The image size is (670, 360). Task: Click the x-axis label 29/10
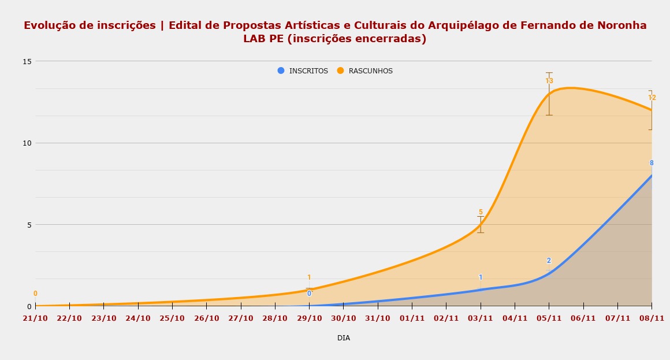(x=309, y=318)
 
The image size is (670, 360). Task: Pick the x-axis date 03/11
(x=481, y=318)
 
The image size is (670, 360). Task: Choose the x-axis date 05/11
(x=549, y=318)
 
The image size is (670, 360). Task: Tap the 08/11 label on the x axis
(x=652, y=318)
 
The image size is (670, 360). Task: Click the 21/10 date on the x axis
(x=35, y=318)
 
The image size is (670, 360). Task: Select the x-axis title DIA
(x=344, y=338)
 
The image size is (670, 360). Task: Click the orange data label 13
(x=549, y=81)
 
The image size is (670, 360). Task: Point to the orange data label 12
(x=652, y=98)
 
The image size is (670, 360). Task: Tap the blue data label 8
(x=652, y=163)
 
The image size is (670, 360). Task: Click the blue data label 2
(x=549, y=261)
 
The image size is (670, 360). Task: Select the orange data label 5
(x=480, y=212)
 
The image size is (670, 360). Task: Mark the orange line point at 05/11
(x=549, y=94)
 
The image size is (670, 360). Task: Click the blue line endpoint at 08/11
(x=652, y=176)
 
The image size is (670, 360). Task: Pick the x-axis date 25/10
(x=172, y=318)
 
